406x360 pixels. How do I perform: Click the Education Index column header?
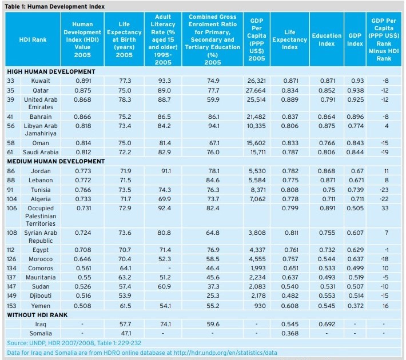(327, 39)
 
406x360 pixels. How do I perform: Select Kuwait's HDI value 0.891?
(83, 81)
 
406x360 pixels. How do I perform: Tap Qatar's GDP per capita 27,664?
(256, 90)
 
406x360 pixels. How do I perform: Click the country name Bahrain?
(41, 117)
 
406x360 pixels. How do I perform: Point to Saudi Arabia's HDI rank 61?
(10, 152)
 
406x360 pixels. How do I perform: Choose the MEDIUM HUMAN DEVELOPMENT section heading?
(56, 162)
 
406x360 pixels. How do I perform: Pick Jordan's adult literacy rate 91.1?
(166, 171)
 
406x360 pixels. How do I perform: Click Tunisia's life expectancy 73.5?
(125, 190)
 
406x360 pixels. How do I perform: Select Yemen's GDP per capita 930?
(260, 306)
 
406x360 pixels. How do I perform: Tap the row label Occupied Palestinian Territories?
(41, 216)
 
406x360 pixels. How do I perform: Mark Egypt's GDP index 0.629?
(355, 250)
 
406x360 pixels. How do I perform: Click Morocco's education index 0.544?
(327, 259)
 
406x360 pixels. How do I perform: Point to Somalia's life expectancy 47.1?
(126, 333)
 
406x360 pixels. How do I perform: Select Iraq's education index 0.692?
(327, 324)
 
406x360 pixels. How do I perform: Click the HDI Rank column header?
(33, 39)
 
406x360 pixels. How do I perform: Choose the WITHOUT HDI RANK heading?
(37, 315)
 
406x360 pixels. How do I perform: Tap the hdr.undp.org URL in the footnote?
(225, 353)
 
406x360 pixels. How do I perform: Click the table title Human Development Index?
(66, 6)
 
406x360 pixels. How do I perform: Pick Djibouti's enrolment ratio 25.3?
(213, 295)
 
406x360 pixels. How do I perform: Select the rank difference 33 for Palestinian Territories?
(385, 209)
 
